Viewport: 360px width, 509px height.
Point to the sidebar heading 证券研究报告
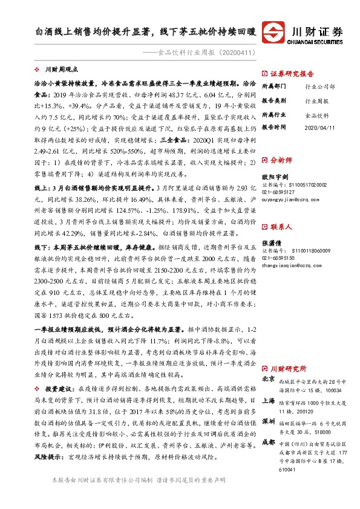tap(293, 71)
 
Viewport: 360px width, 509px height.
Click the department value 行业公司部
tap(319, 87)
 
